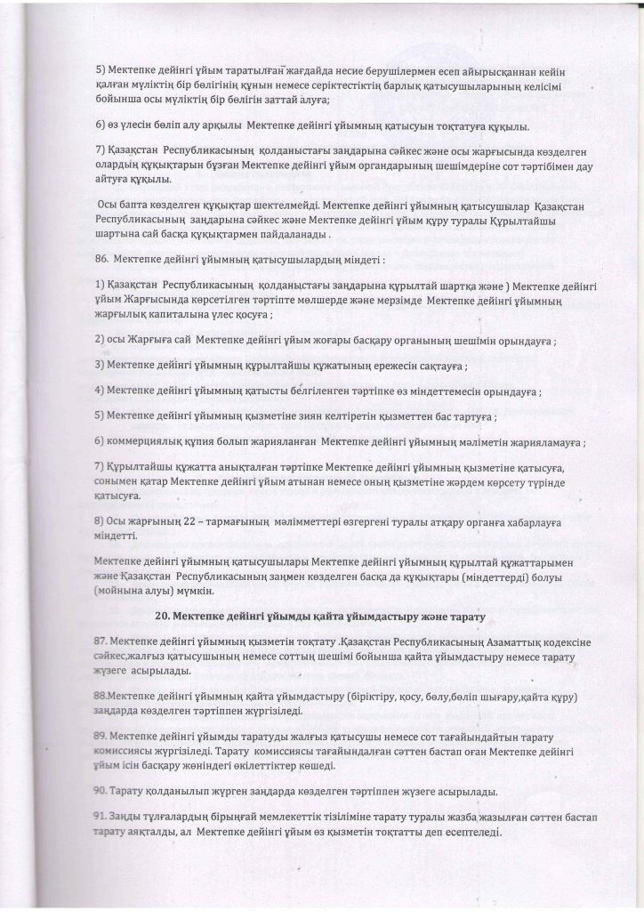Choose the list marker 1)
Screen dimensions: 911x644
point(100,286)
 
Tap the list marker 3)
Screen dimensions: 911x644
point(100,366)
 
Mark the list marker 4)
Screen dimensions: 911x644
point(100,391)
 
